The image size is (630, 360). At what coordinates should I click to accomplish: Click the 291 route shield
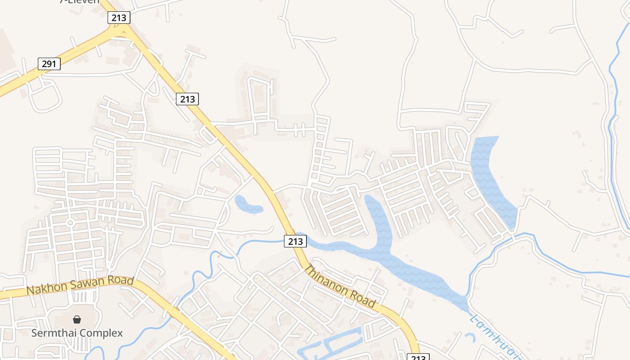coord(49,64)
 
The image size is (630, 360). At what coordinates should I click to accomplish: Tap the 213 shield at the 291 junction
coord(119,18)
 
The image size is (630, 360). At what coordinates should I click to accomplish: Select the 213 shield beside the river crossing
coord(295,241)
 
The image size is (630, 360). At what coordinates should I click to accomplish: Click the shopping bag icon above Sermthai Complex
coord(77,319)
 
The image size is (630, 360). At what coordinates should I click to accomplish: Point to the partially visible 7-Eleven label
coord(79,2)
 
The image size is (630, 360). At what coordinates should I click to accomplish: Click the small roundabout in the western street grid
coord(70,222)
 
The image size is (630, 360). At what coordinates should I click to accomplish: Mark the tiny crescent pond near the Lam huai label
coord(470,337)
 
